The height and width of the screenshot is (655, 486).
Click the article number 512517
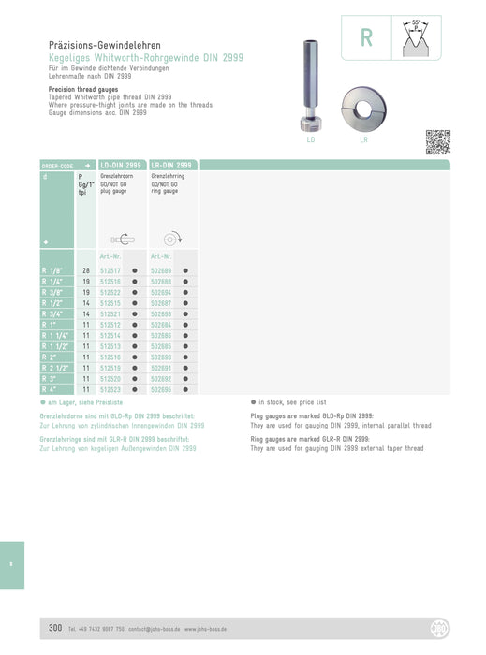click(x=110, y=270)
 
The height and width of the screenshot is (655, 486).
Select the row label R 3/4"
click(x=54, y=314)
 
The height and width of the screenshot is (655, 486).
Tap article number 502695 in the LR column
click(x=160, y=388)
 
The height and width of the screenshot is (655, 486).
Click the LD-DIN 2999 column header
click(x=121, y=165)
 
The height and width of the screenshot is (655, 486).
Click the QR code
click(x=438, y=142)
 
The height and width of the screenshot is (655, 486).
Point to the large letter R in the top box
click(x=366, y=39)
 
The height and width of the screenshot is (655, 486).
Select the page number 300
click(x=55, y=627)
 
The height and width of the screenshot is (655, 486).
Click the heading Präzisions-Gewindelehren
click(x=104, y=45)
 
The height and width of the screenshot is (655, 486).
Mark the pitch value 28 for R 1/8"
click(x=85, y=270)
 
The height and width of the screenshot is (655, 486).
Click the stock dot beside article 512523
click(x=135, y=388)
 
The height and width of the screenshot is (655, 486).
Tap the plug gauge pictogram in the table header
click(x=121, y=239)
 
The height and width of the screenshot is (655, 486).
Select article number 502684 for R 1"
click(x=160, y=324)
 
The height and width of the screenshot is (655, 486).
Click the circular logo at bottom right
click(x=438, y=627)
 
